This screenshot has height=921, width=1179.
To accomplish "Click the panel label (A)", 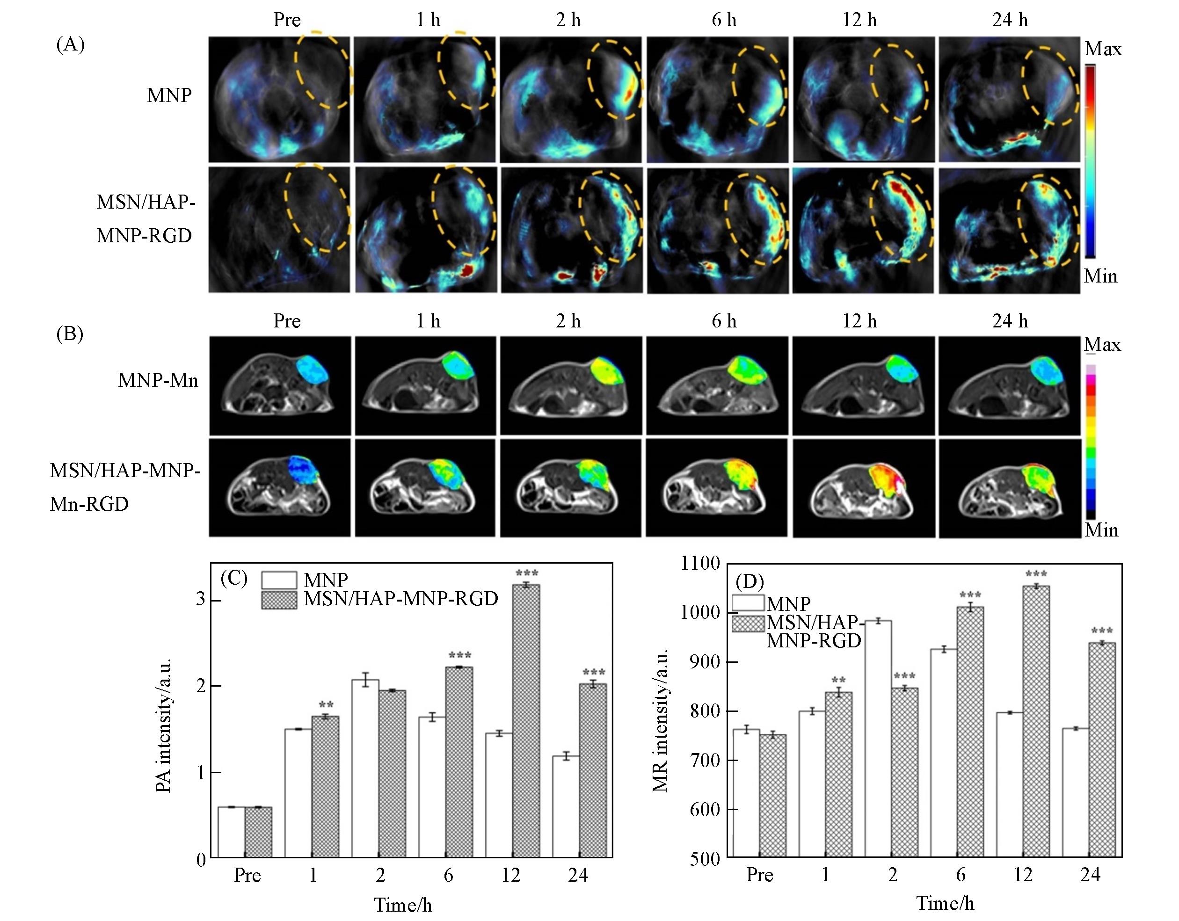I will point(71,44).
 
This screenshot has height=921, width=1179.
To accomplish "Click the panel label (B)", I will point(70,334).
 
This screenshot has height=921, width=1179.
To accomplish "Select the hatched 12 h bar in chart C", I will point(525,720).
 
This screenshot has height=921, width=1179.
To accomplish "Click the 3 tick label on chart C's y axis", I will point(201,599).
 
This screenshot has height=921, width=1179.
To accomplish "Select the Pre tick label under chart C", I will point(247,875).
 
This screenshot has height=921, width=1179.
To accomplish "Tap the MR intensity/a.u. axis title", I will point(660,720).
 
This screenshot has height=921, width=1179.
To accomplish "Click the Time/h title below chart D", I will point(945,903).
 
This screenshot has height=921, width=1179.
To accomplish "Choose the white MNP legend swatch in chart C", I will point(279,580).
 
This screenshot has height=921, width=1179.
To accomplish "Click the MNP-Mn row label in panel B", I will point(158,381).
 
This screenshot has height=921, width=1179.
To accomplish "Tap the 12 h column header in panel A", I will point(859,21).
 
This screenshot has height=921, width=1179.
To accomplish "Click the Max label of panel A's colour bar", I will point(1103,49).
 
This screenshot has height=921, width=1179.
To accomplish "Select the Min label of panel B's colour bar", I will point(1101,529).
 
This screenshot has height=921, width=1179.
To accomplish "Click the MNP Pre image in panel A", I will point(279,99).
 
